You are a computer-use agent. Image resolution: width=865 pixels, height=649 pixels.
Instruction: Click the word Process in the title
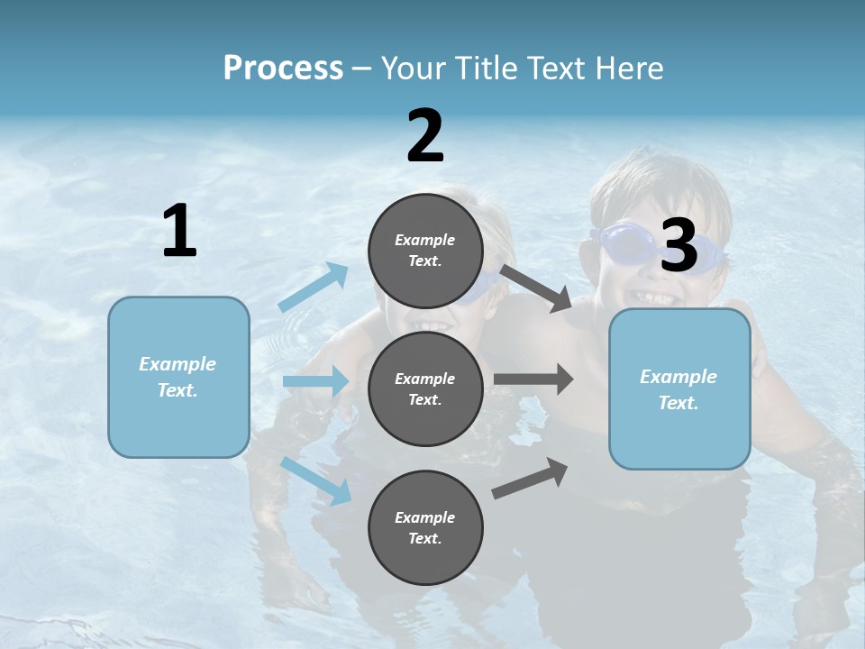click(x=283, y=69)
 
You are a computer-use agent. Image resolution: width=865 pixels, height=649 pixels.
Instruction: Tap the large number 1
click(x=179, y=232)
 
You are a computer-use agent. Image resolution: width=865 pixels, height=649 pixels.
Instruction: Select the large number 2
click(x=425, y=136)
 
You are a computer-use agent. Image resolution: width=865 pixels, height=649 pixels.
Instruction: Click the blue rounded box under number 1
click(x=178, y=377)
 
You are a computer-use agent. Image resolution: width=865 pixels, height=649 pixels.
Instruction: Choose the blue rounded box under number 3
click(x=679, y=389)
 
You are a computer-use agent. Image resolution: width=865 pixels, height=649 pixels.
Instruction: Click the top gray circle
click(x=425, y=251)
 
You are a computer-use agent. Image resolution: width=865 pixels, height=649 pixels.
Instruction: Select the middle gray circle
click(x=425, y=388)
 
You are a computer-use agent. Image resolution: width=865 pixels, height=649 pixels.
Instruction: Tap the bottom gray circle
click(x=425, y=527)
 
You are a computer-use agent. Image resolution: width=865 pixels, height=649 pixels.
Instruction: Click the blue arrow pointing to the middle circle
click(x=316, y=381)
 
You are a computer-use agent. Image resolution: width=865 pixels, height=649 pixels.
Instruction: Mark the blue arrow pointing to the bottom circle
click(x=316, y=480)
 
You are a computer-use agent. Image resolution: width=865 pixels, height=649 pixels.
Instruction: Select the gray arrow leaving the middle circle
click(x=533, y=379)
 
